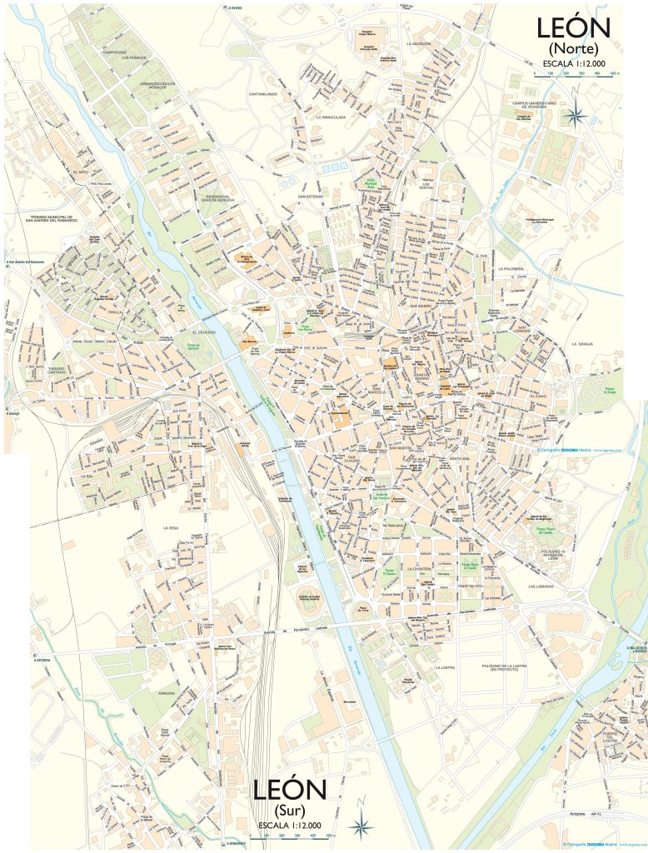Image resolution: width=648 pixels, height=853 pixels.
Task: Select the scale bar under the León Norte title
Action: (576, 73)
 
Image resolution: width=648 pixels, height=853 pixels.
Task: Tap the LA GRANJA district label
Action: (586, 343)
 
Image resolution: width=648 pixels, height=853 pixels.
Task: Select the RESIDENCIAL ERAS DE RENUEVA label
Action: (218, 200)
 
